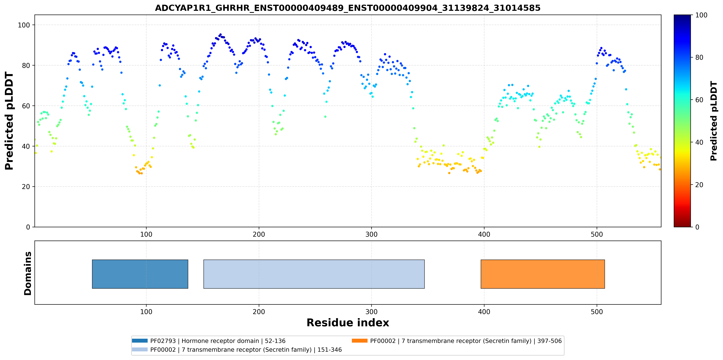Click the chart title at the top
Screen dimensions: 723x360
tap(348, 8)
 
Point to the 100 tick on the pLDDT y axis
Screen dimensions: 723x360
tap(24, 25)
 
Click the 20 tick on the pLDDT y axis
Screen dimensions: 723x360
tap(26, 187)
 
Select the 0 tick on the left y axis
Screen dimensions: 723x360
tap(28, 227)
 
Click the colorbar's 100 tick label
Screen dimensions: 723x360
tap(701, 15)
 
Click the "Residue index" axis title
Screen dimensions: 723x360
tap(348, 323)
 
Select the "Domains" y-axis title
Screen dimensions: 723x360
tap(28, 273)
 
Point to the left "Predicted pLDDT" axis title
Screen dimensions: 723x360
tap(9, 121)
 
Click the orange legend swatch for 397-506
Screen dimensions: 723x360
tap(360, 341)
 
